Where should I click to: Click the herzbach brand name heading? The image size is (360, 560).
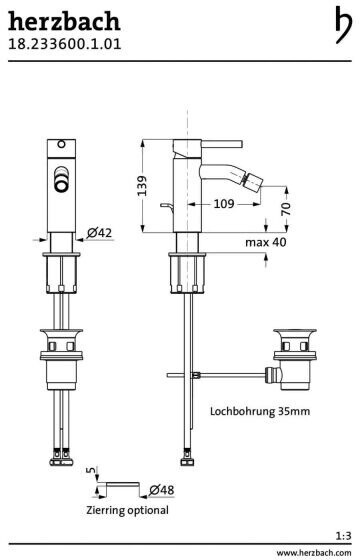pyautogui.click(x=64, y=21)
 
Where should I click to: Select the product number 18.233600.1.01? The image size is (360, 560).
pyautogui.click(x=65, y=44)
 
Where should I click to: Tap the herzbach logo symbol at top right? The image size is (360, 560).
pyautogui.click(x=343, y=25)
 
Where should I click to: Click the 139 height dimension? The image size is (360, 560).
pyautogui.click(x=142, y=185)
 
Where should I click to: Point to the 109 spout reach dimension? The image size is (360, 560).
pyautogui.click(x=224, y=204)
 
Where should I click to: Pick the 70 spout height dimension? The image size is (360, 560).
pyautogui.click(x=286, y=209)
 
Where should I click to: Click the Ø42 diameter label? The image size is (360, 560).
pyautogui.click(x=99, y=233)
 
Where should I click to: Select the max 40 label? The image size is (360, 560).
pyautogui.click(x=266, y=242)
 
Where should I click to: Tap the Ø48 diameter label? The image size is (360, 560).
pyautogui.click(x=162, y=490)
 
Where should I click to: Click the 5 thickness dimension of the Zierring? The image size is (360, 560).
pyautogui.click(x=92, y=470)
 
